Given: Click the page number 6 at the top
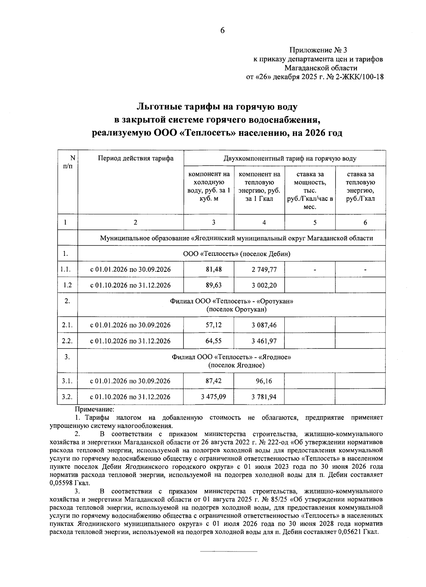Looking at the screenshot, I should (222, 31).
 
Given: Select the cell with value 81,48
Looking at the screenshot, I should (213, 269).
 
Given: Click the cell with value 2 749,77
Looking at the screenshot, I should (264, 269).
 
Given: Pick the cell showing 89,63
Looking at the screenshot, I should (213, 285).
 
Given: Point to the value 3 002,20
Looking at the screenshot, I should (264, 285).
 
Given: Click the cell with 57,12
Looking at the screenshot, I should (213, 325).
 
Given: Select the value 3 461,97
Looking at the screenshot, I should (264, 341).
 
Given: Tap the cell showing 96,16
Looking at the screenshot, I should (264, 381).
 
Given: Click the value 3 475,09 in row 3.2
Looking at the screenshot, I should (213, 397).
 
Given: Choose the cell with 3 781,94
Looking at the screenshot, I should (264, 397).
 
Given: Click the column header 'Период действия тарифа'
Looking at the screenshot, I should (136, 158).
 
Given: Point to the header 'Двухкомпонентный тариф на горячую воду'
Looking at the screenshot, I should (290, 158).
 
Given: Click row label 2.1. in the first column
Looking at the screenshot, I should (67, 325).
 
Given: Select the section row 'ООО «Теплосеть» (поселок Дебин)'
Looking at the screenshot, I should (236, 254).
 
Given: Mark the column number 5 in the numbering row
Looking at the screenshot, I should (315, 222).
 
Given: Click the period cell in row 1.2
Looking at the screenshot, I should (130, 285).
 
